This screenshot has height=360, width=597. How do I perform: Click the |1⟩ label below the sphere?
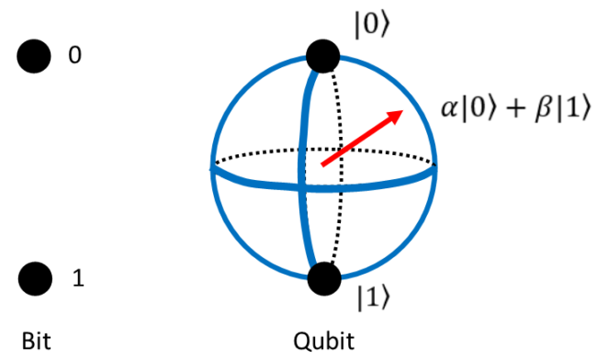point(375,298)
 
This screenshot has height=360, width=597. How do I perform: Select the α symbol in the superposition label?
point(449,108)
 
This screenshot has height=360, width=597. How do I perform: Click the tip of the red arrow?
point(403,111)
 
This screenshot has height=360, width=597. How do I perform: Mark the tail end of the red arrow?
point(321,166)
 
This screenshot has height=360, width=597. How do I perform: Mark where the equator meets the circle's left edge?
point(213,168)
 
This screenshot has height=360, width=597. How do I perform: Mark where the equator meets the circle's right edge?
point(434,170)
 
